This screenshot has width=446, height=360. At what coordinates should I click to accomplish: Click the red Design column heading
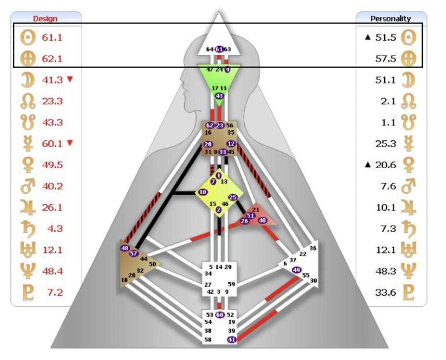[45, 19]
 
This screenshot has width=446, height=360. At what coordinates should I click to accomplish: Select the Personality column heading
[391, 19]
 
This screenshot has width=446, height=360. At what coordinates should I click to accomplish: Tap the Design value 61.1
[52, 37]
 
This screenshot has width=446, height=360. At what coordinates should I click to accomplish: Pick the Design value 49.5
[52, 165]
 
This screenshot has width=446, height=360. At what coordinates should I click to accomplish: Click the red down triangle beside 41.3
[70, 79]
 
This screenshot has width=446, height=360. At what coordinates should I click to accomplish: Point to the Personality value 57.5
[386, 59]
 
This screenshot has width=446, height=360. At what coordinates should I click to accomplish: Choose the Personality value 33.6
[386, 292]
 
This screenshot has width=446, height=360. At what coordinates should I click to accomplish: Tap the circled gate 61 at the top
[219, 49]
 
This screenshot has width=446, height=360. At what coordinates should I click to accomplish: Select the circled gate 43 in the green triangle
[219, 96]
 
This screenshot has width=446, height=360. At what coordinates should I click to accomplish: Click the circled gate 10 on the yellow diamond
[203, 192]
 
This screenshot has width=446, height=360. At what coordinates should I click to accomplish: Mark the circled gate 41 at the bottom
[232, 339]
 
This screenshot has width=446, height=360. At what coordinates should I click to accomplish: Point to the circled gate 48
[125, 248]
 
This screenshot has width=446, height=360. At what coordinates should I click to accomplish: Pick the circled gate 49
[297, 270]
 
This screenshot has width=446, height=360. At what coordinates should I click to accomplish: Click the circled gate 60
[219, 315]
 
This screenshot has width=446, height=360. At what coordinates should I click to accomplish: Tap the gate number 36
[312, 248]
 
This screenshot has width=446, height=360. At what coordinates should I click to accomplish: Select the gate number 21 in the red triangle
[256, 210]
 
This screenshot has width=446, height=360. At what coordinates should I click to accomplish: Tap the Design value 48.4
[52, 271]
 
